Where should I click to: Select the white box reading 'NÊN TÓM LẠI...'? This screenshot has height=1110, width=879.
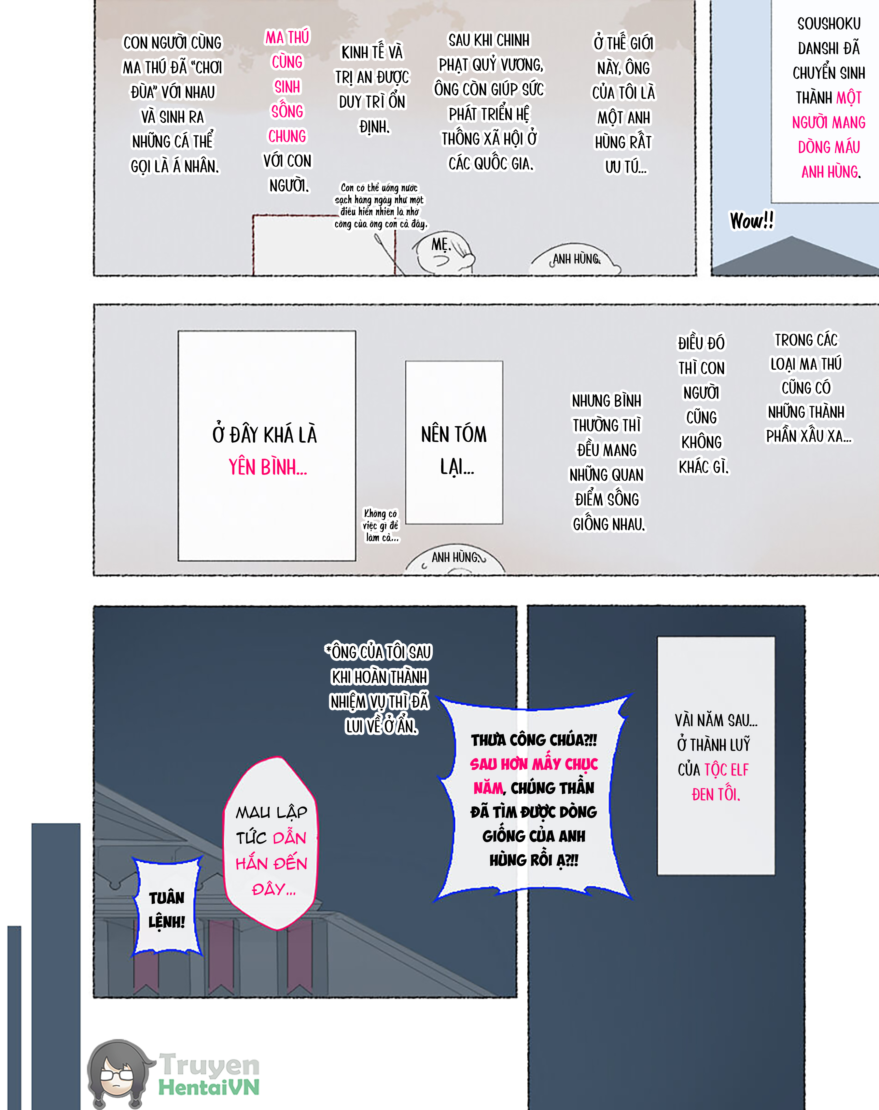[454, 442]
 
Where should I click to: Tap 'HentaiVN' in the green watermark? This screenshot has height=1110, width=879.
[208, 1087]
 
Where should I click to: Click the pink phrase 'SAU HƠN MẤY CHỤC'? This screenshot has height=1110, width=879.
[534, 764]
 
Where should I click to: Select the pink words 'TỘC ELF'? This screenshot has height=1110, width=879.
[726, 770]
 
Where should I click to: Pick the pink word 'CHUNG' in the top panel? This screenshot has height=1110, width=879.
[287, 136]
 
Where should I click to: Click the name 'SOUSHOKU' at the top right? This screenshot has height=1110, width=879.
[829, 24]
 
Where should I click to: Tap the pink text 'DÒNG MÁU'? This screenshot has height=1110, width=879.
[829, 147]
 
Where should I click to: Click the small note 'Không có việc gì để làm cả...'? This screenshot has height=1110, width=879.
[381, 525]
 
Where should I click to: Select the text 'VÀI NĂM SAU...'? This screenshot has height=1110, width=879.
[716, 720]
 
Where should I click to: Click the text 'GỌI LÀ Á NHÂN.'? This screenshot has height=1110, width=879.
[174, 166]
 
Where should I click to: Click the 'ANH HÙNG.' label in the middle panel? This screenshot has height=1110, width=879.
[455, 557]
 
